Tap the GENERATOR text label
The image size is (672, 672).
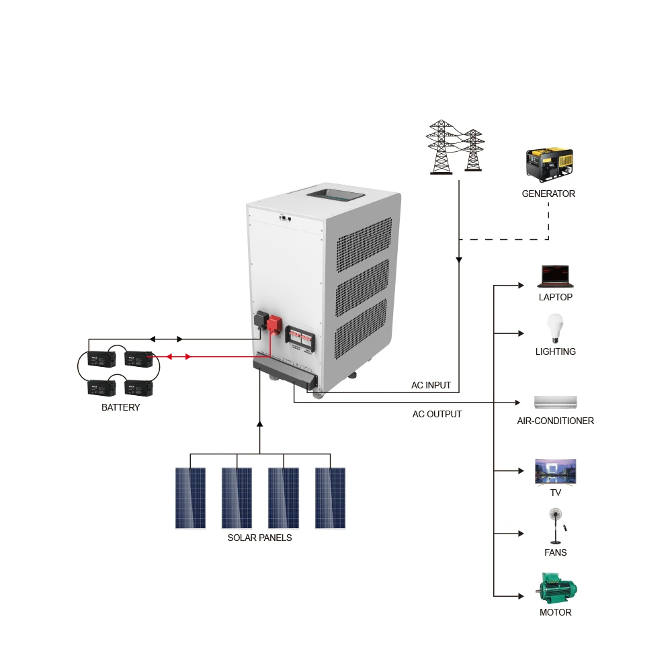click(548, 194)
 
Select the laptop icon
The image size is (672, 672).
click(555, 276)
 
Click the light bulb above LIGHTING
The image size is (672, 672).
click(555, 328)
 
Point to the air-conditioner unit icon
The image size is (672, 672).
click(555, 402)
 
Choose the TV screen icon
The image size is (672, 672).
click(555, 471)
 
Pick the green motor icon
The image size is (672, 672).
click(556, 588)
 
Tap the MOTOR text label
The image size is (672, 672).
click(555, 612)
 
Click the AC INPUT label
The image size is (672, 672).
click(431, 386)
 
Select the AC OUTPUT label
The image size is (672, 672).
click(437, 414)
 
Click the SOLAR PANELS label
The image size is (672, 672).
click(259, 538)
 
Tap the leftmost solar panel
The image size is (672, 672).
click(190, 498)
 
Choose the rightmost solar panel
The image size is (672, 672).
click(330, 498)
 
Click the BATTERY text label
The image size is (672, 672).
click(121, 407)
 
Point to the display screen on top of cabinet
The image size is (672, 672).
click(335, 197)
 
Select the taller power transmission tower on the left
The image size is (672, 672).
click(441, 147)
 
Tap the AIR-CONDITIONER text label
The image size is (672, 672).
click(555, 421)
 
